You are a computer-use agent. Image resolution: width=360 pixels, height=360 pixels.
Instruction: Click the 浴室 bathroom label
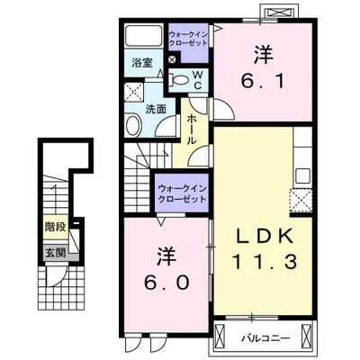[x=142, y=63]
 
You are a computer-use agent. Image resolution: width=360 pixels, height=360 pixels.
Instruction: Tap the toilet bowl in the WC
[x=181, y=80]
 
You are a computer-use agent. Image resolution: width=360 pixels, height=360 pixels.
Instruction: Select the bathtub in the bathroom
[x=143, y=35]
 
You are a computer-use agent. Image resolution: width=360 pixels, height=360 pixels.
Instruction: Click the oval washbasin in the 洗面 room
[x=133, y=125]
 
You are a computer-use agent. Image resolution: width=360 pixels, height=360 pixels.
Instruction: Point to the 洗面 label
[x=156, y=109]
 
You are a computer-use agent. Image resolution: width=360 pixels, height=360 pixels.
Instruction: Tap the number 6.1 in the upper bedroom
[x=263, y=67]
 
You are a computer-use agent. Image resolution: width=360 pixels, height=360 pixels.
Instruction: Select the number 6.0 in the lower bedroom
[x=166, y=269]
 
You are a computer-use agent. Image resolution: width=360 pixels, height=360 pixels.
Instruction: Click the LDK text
[x=265, y=238]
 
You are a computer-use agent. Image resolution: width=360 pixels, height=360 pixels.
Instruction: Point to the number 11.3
[x=265, y=261]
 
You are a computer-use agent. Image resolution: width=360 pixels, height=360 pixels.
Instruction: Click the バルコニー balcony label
[x=266, y=338]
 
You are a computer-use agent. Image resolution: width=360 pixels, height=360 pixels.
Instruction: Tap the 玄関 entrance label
[x=55, y=254]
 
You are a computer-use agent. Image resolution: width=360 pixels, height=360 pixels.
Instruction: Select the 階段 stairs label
[x=55, y=227]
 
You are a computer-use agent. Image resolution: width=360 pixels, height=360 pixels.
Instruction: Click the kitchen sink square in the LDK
[x=302, y=175]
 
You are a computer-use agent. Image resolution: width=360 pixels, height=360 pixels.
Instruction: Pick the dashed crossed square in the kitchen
[x=301, y=201]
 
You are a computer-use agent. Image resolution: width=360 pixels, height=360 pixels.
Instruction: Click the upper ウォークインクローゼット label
[x=188, y=39]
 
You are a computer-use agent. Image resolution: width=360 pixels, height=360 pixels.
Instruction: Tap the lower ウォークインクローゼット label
[x=183, y=193]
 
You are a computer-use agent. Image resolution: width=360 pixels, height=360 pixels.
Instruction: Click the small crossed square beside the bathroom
[x=172, y=59]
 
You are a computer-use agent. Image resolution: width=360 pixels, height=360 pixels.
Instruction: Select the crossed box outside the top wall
[x=280, y=13]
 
